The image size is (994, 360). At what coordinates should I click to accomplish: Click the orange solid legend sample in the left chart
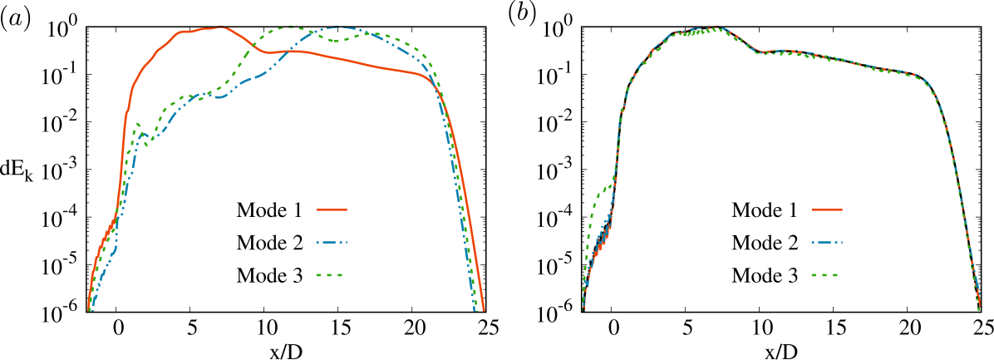331,210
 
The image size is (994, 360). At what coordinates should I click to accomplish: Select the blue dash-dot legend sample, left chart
331,243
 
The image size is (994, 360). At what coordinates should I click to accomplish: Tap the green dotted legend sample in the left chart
331,275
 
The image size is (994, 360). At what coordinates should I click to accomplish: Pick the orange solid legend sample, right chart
826,210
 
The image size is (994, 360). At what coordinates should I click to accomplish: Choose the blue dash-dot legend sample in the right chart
826,243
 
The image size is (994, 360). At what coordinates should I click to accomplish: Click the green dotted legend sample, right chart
826,275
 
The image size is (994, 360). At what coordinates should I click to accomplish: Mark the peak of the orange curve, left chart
221,27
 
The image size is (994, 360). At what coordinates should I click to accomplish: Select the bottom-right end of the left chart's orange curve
483,310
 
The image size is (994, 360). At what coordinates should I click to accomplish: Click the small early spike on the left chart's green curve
137,124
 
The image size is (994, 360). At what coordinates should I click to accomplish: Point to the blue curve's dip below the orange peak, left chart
220,97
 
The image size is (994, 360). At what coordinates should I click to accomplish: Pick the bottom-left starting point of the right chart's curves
583,309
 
